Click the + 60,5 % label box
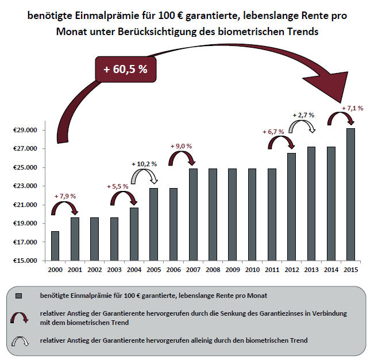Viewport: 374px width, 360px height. coord(125,69)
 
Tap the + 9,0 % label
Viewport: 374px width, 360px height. coord(180,146)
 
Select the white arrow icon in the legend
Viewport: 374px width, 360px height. coord(19,340)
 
